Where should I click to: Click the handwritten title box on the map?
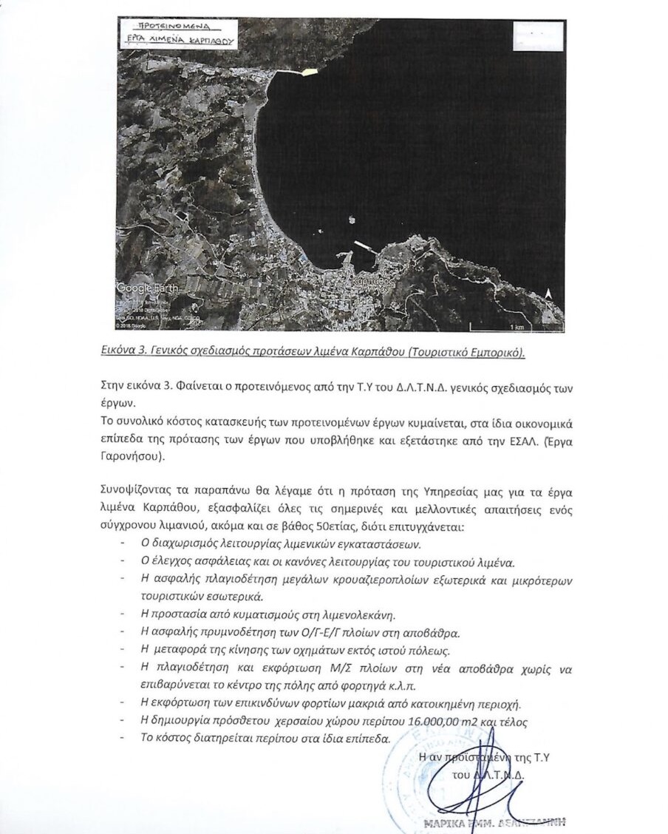(x=180, y=34)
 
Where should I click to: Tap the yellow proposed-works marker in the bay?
(x=308, y=71)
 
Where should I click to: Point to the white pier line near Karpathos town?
(x=361, y=245)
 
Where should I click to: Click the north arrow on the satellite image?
(x=548, y=295)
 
